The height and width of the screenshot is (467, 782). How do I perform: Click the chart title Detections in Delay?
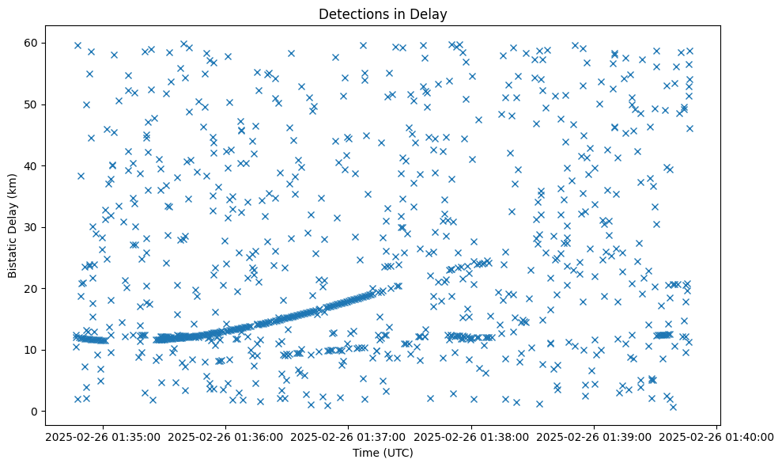pos(383,13)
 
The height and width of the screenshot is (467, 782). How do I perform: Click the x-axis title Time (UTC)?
pos(383,453)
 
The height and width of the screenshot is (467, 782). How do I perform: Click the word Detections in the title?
pos(349,13)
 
